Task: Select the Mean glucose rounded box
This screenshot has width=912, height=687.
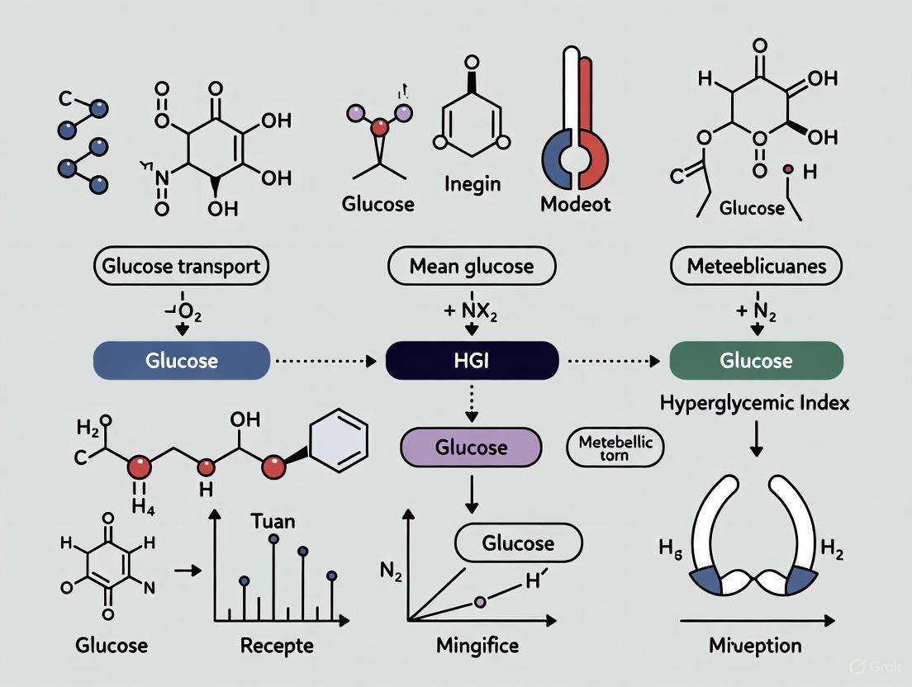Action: click(x=472, y=267)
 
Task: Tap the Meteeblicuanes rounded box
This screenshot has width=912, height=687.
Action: click(x=754, y=267)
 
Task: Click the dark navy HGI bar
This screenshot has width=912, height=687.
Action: click(x=472, y=361)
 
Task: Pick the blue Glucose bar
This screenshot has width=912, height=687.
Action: click(x=181, y=361)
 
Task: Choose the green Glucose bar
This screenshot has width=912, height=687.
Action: click(x=755, y=361)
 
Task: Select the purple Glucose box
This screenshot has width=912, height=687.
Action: click(x=471, y=447)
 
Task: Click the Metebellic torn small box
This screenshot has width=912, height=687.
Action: click(x=615, y=448)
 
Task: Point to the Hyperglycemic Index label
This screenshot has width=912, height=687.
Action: click(x=755, y=404)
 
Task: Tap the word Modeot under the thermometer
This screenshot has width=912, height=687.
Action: click(x=575, y=204)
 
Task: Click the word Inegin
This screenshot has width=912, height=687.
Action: click(x=472, y=182)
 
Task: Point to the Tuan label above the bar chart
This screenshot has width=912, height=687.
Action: click(x=272, y=522)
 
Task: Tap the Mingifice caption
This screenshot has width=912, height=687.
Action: click(x=471, y=646)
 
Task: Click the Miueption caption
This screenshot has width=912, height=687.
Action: click(x=755, y=646)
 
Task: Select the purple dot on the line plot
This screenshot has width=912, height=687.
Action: click(x=480, y=603)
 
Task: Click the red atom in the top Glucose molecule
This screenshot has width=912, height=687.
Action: click(x=379, y=127)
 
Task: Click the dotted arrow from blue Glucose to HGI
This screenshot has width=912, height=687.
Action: click(x=327, y=361)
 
